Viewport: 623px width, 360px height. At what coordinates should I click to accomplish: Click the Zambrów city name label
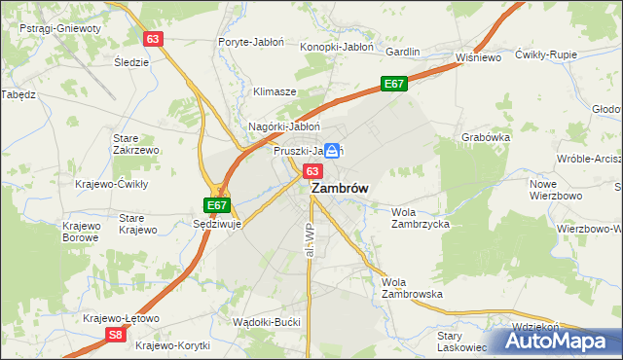pos(339,191)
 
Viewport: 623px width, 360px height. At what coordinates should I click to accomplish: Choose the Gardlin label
pos(403,52)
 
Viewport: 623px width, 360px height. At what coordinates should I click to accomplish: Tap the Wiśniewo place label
pos(477,57)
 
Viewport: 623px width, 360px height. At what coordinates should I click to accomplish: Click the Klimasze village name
pos(275,91)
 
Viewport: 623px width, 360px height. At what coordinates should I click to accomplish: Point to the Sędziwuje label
pos(217,223)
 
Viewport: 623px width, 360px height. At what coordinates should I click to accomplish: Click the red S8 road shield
pos(115,335)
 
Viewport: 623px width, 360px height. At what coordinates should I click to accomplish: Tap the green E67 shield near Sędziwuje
pos(217,205)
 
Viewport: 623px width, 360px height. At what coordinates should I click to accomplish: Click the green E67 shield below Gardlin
pos(393,85)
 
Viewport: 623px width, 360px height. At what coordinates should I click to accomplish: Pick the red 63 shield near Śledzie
pos(153,39)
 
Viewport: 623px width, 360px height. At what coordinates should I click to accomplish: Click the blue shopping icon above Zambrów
pos(333,151)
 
